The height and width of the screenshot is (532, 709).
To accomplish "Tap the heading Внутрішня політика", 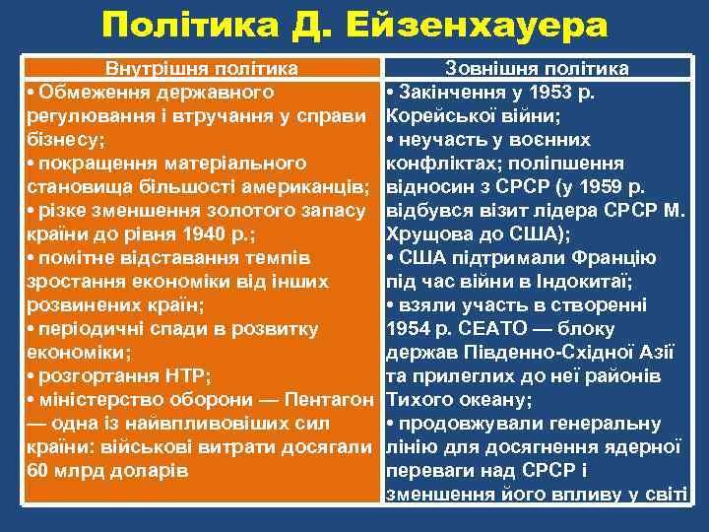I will [x=202, y=69].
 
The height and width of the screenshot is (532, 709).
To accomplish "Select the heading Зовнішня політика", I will [x=537, y=69].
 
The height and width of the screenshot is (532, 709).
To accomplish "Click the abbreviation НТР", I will [x=187, y=376].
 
